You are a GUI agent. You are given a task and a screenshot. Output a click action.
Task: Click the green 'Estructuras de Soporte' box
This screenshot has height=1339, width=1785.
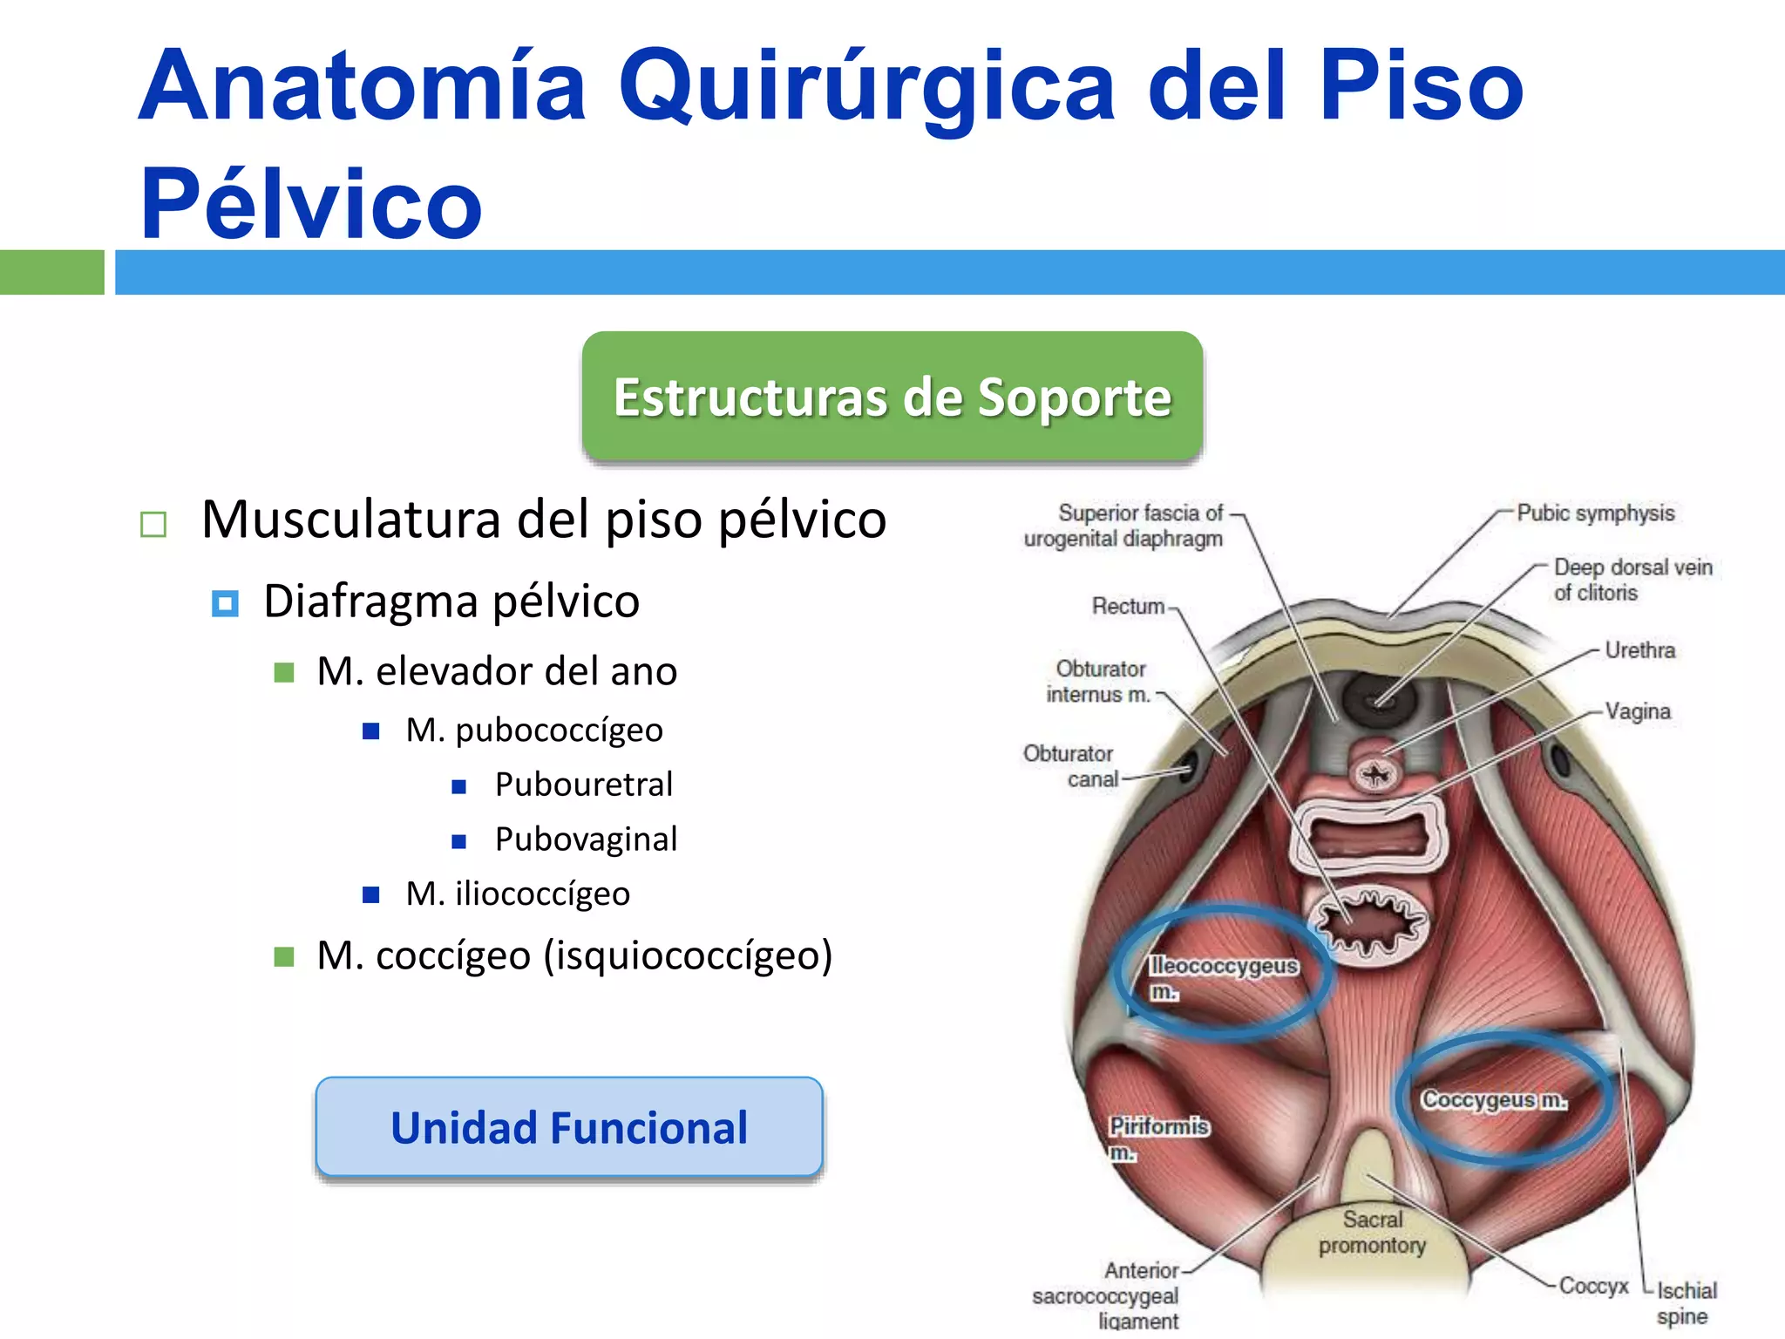pyautogui.click(x=892, y=397)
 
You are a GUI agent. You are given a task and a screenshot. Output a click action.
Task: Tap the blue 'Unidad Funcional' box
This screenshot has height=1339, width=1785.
pyautogui.click(x=569, y=1127)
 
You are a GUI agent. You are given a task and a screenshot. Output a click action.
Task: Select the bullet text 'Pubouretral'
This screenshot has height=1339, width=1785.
pyautogui.click(x=584, y=785)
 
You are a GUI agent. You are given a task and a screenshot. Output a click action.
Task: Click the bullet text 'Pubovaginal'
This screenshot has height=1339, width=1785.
pyautogui.click(x=586, y=839)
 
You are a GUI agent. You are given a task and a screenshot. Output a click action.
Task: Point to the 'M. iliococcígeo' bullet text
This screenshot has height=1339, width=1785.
pyautogui.click(x=518, y=894)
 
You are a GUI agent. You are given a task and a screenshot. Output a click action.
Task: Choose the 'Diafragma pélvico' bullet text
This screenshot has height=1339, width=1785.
pyautogui.click(x=451, y=602)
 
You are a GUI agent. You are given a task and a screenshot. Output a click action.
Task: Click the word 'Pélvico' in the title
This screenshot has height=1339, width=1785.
pyautogui.click(x=311, y=204)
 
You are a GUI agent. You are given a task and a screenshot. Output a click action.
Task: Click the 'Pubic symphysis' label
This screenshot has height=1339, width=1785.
pyautogui.click(x=1595, y=513)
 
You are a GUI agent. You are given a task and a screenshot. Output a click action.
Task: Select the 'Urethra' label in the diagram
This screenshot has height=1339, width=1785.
pyautogui.click(x=1639, y=650)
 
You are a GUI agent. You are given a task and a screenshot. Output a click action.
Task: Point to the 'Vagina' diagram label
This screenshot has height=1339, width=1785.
pyautogui.click(x=1638, y=711)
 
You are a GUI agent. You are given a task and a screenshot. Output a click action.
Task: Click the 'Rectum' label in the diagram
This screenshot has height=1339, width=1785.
pyautogui.click(x=1128, y=606)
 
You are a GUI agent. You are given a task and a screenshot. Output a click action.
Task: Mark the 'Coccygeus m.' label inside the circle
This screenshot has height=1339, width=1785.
pyautogui.click(x=1494, y=1100)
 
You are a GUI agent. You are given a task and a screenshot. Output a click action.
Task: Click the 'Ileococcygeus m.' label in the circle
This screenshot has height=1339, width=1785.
pyautogui.click(x=1223, y=976)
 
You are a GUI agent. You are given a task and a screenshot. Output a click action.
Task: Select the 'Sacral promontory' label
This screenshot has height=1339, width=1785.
pyautogui.click(x=1372, y=1232)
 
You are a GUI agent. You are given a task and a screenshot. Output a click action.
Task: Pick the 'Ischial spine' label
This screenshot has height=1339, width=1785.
pyautogui.click(x=1686, y=1302)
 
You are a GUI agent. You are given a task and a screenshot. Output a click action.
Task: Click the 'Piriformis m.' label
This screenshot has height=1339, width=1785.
pyautogui.click(x=1157, y=1138)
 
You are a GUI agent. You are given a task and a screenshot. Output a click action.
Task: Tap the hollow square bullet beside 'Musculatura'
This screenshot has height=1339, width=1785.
pyautogui.click(x=153, y=524)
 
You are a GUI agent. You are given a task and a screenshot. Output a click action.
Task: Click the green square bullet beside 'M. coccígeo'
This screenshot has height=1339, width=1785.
pyautogui.click(x=284, y=957)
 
